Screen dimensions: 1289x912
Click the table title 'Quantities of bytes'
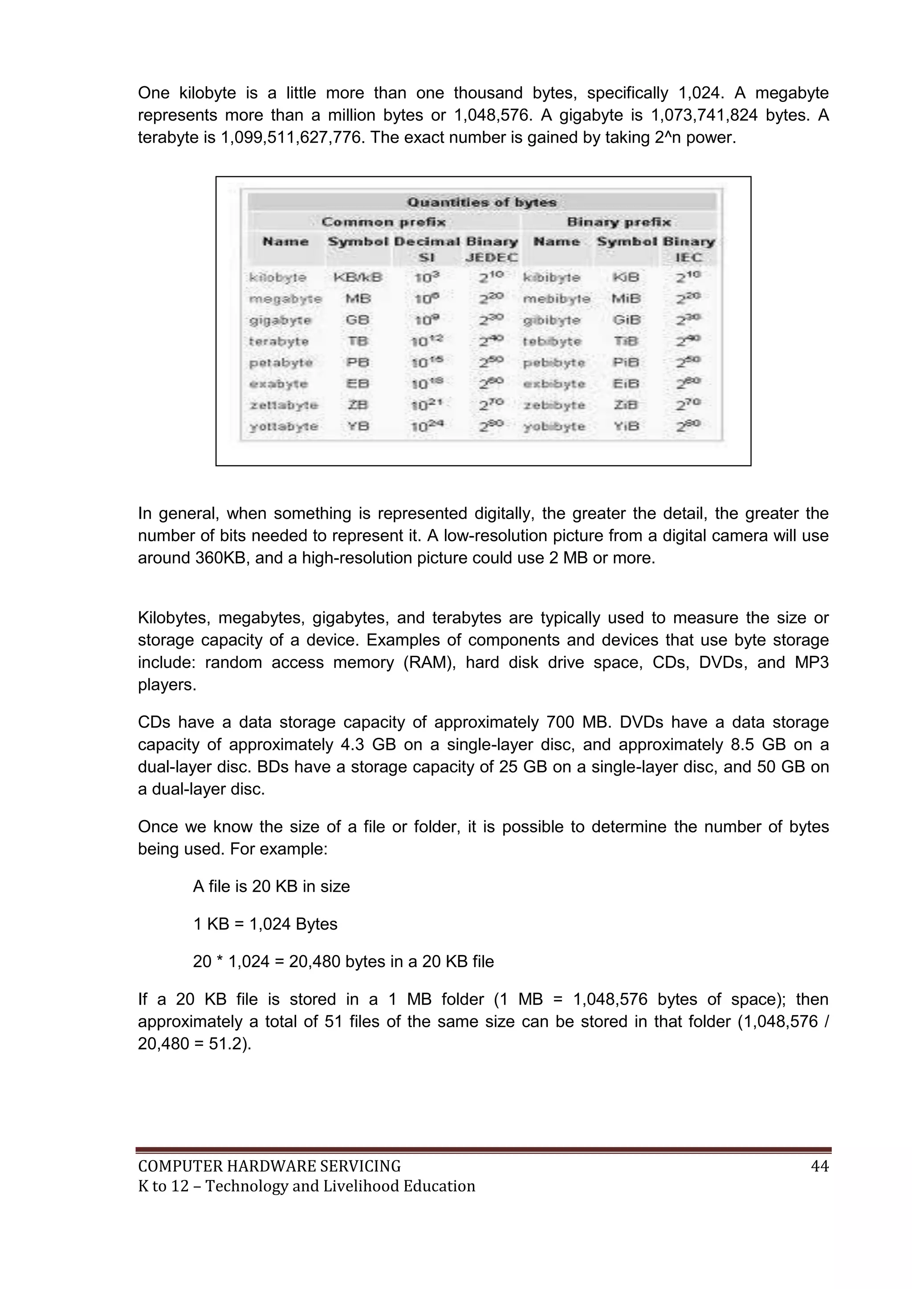(481, 202)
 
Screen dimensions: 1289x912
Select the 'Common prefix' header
(383, 222)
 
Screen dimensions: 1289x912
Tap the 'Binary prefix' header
(619, 222)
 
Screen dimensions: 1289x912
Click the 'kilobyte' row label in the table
(278, 277)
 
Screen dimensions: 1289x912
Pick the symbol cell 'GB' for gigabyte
(357, 320)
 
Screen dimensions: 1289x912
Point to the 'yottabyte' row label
(284, 427)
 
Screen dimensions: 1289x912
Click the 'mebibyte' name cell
(557, 299)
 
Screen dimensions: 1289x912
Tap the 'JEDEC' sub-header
(492, 258)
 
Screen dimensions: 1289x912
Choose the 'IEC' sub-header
(688, 258)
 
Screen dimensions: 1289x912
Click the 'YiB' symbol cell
(626, 427)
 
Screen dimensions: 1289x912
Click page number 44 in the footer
(819, 1167)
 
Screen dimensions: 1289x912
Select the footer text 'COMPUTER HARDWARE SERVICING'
(269, 1167)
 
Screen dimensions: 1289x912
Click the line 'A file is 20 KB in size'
(271, 886)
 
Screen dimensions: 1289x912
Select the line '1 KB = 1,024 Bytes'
(265, 924)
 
